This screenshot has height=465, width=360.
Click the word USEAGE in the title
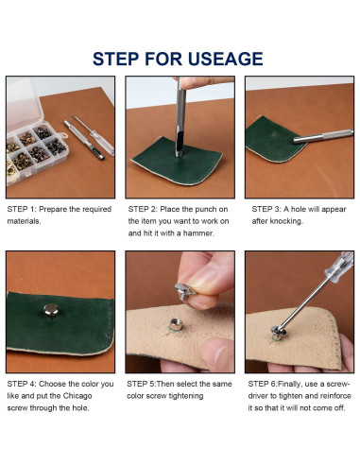click(225, 59)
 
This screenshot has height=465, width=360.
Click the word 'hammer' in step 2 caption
click(198, 233)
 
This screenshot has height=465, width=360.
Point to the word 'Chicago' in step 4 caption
click(77, 396)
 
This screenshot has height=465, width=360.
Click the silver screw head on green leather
click(51, 309)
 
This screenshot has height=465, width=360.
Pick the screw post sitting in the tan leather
click(176, 324)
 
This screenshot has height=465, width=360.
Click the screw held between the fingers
click(184, 291)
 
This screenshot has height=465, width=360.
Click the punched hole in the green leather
click(273, 134)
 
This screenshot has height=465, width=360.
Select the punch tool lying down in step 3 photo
click(323, 136)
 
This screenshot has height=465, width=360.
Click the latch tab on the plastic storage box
click(63, 136)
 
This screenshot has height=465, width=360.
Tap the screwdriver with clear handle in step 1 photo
click(94, 135)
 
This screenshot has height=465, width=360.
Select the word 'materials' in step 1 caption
click(24, 221)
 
